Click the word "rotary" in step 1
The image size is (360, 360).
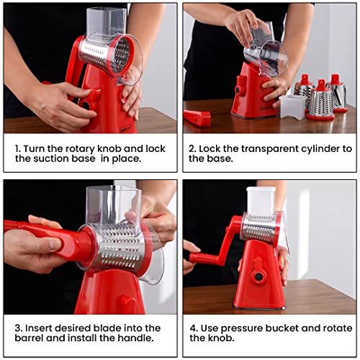click(79, 148)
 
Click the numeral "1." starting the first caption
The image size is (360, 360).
click(19, 148)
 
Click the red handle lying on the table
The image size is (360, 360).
click(197, 117)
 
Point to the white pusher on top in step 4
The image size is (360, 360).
click(261, 200)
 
